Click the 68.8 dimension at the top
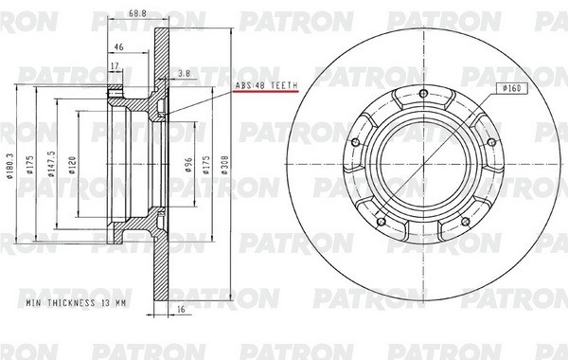pos(137,12)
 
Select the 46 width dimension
pos(119,45)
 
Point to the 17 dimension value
pos(115,65)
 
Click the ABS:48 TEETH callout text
pos(265,86)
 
